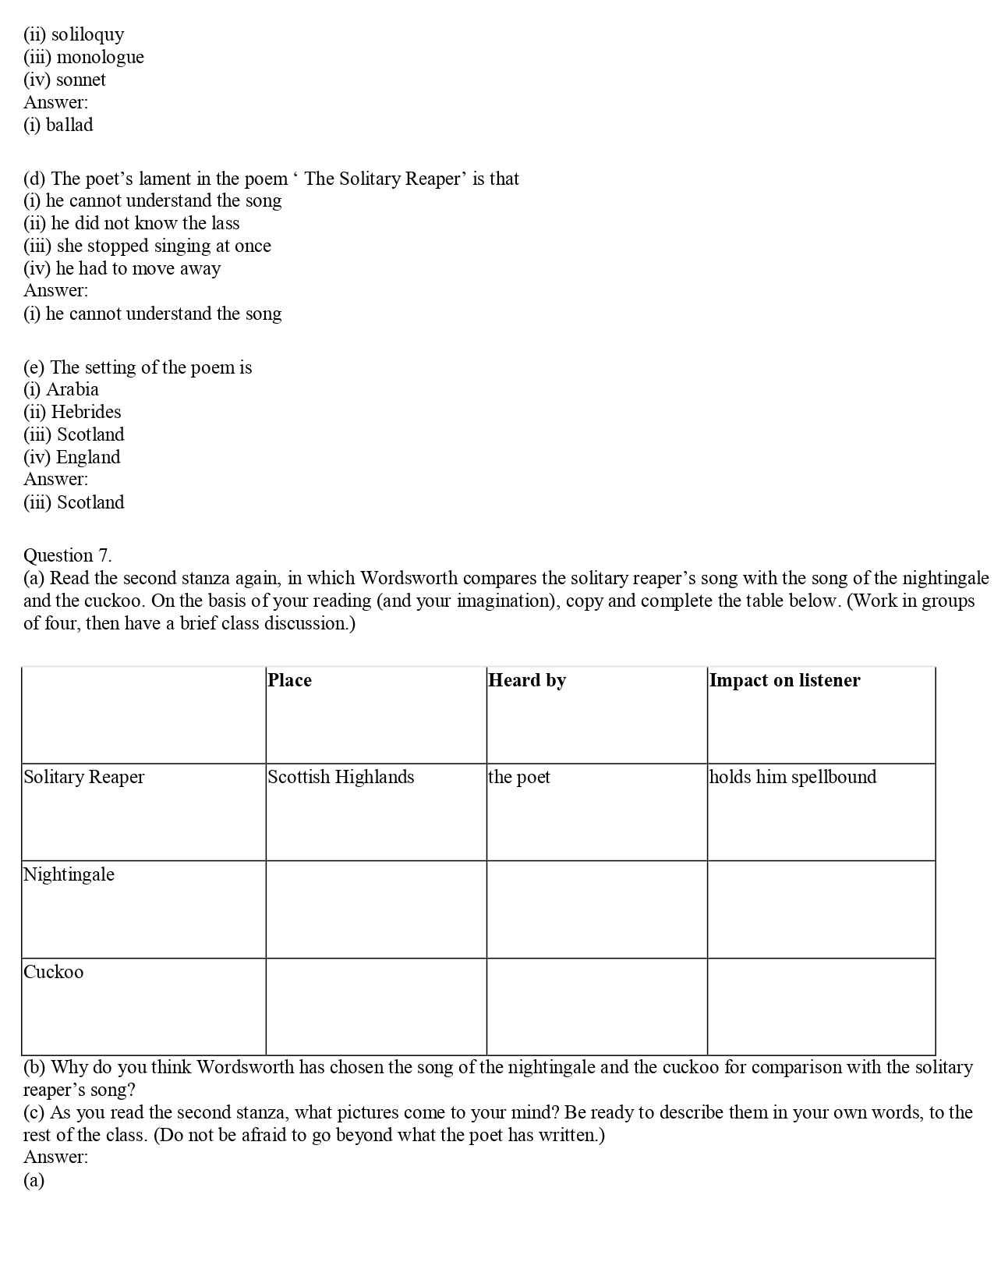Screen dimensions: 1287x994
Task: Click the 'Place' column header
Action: (290, 680)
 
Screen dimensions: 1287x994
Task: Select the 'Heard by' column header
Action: (527, 680)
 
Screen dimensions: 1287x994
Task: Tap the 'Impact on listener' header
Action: (784, 680)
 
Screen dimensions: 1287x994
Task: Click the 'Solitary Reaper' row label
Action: (84, 777)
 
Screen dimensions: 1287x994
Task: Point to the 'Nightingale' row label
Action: (69, 874)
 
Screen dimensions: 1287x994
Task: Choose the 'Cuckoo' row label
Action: (54, 972)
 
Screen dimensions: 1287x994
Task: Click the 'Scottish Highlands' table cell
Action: (341, 777)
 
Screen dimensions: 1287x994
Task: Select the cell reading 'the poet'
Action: (519, 777)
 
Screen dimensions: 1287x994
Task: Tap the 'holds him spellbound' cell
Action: (793, 777)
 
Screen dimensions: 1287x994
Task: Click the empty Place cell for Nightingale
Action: (376, 909)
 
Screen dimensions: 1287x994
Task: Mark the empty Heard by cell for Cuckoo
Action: (596, 1006)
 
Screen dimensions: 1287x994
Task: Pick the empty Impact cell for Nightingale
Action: (821, 909)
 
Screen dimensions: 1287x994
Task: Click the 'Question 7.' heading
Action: (68, 555)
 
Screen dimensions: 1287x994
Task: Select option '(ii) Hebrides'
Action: (73, 412)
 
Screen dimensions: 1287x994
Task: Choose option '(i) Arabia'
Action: (62, 389)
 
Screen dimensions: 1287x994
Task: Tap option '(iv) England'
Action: (73, 457)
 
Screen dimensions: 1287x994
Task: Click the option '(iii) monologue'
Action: (84, 57)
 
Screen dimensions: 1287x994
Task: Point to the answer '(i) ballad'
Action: (58, 125)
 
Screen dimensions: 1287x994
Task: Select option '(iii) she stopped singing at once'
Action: (147, 246)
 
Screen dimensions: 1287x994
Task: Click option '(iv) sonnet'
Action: (65, 80)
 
